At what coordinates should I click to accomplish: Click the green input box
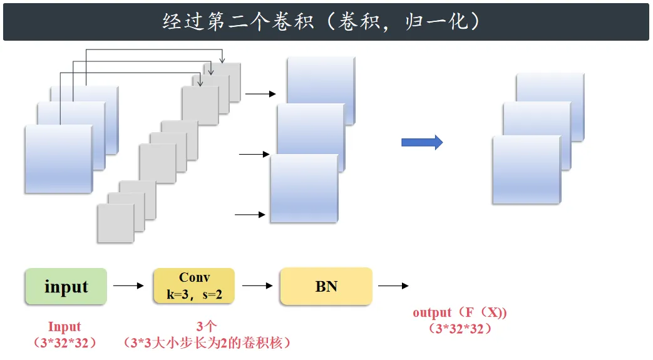[x=66, y=286]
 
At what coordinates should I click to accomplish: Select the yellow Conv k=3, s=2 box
[x=194, y=286]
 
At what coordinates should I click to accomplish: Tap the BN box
[x=326, y=286]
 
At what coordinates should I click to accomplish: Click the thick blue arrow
[x=422, y=143]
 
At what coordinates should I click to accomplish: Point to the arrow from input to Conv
[x=128, y=286]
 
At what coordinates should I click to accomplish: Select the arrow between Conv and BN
[x=257, y=286]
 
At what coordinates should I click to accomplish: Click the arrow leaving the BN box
[x=393, y=286]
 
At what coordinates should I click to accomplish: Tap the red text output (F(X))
[x=460, y=312]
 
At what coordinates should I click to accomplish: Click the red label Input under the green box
[x=64, y=327]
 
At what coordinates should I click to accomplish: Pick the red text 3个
[x=207, y=326]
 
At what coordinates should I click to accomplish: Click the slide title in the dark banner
[x=321, y=21]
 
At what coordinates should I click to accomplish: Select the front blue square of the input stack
[x=59, y=159]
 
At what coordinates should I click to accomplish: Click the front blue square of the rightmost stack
[x=527, y=170]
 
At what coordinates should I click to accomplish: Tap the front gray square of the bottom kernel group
[x=116, y=224]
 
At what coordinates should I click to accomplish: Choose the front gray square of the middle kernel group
[x=158, y=163]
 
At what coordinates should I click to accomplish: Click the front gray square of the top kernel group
[x=200, y=105]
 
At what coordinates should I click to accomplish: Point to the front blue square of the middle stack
[x=304, y=188]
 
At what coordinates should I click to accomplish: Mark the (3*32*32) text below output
[x=460, y=329]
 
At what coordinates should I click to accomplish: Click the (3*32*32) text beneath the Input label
[x=65, y=343]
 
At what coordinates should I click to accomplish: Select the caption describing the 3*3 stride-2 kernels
[x=207, y=343]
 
